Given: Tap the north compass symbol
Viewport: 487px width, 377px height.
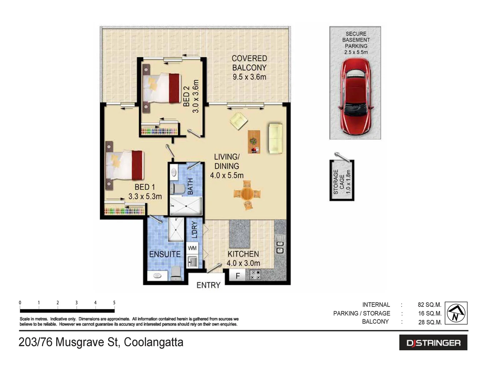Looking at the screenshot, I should (456, 313).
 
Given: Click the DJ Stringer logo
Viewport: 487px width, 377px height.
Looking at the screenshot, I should (433, 343).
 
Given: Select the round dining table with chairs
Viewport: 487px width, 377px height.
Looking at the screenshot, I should (247, 194).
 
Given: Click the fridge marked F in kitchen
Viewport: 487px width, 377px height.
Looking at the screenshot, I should (238, 276).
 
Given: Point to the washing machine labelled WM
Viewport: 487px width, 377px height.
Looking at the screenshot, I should (192, 248).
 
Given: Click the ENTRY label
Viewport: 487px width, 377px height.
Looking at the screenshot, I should (208, 285).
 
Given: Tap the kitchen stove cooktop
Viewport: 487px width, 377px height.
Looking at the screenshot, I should (255, 275).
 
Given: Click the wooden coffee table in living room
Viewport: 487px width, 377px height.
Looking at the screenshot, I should (254, 142).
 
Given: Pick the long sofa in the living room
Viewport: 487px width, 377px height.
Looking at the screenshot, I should (275, 139).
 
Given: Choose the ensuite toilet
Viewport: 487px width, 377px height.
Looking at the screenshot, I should (176, 273).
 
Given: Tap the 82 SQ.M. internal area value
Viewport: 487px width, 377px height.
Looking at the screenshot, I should (430, 305).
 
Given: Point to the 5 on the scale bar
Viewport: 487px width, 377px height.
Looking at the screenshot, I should (114, 303).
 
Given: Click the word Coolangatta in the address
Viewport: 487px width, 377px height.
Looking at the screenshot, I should (153, 342).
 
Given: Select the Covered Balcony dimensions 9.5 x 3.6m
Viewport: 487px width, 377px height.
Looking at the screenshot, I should (249, 77).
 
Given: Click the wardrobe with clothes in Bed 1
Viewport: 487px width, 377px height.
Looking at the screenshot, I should (124, 211).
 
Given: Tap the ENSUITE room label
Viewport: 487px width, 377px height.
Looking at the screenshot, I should (165, 254).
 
